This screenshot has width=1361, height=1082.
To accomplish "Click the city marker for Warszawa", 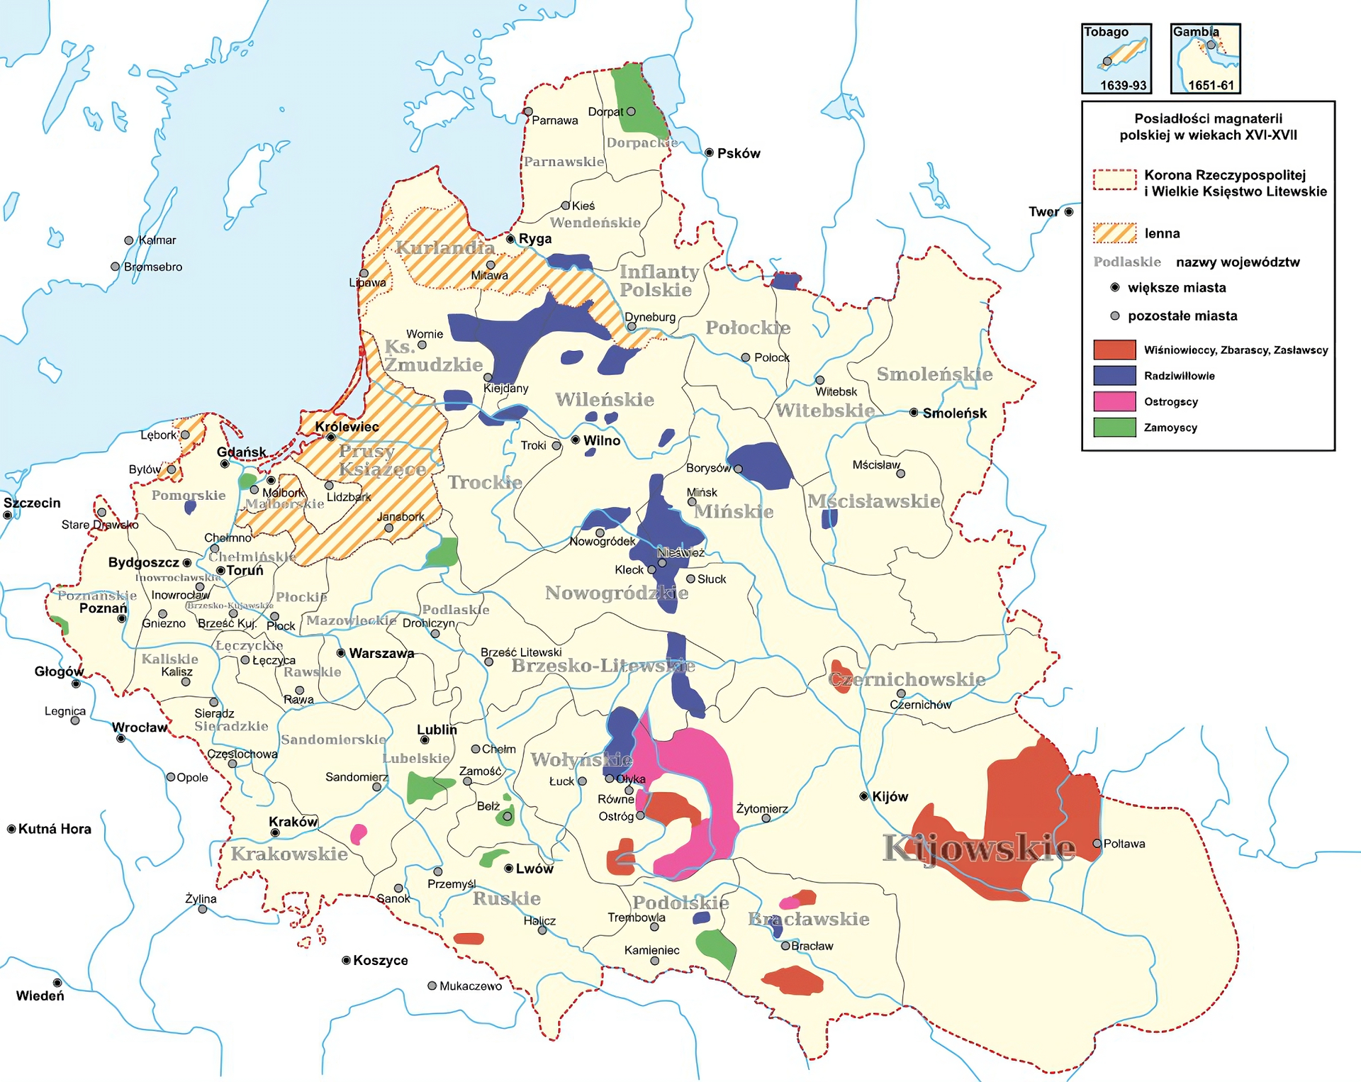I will click(341, 652).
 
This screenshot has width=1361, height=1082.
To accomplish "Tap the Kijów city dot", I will click(863, 796).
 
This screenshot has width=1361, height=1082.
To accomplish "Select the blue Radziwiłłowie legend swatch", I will click(1114, 376).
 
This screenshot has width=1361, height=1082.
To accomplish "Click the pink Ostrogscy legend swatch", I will click(1114, 401).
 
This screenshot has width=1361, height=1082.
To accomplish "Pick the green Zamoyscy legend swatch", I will click(1114, 428).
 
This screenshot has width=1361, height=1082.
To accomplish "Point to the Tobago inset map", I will click(1116, 59).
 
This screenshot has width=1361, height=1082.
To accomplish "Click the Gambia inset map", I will click(1206, 59).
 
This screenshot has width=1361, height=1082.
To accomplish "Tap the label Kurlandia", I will click(445, 247).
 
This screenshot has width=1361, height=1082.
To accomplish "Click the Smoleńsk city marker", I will click(914, 413).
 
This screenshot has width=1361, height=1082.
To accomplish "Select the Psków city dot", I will click(709, 152).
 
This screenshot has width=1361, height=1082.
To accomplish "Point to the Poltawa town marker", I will click(1097, 844).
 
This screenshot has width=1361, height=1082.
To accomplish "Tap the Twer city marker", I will click(1069, 211).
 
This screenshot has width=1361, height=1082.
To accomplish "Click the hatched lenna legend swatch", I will click(1114, 233).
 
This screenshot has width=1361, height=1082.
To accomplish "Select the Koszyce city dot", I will click(346, 960).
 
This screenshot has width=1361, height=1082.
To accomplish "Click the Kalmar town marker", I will click(129, 240).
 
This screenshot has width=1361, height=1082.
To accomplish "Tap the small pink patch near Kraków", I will click(359, 834).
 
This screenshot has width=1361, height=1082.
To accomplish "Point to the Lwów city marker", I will click(508, 869).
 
